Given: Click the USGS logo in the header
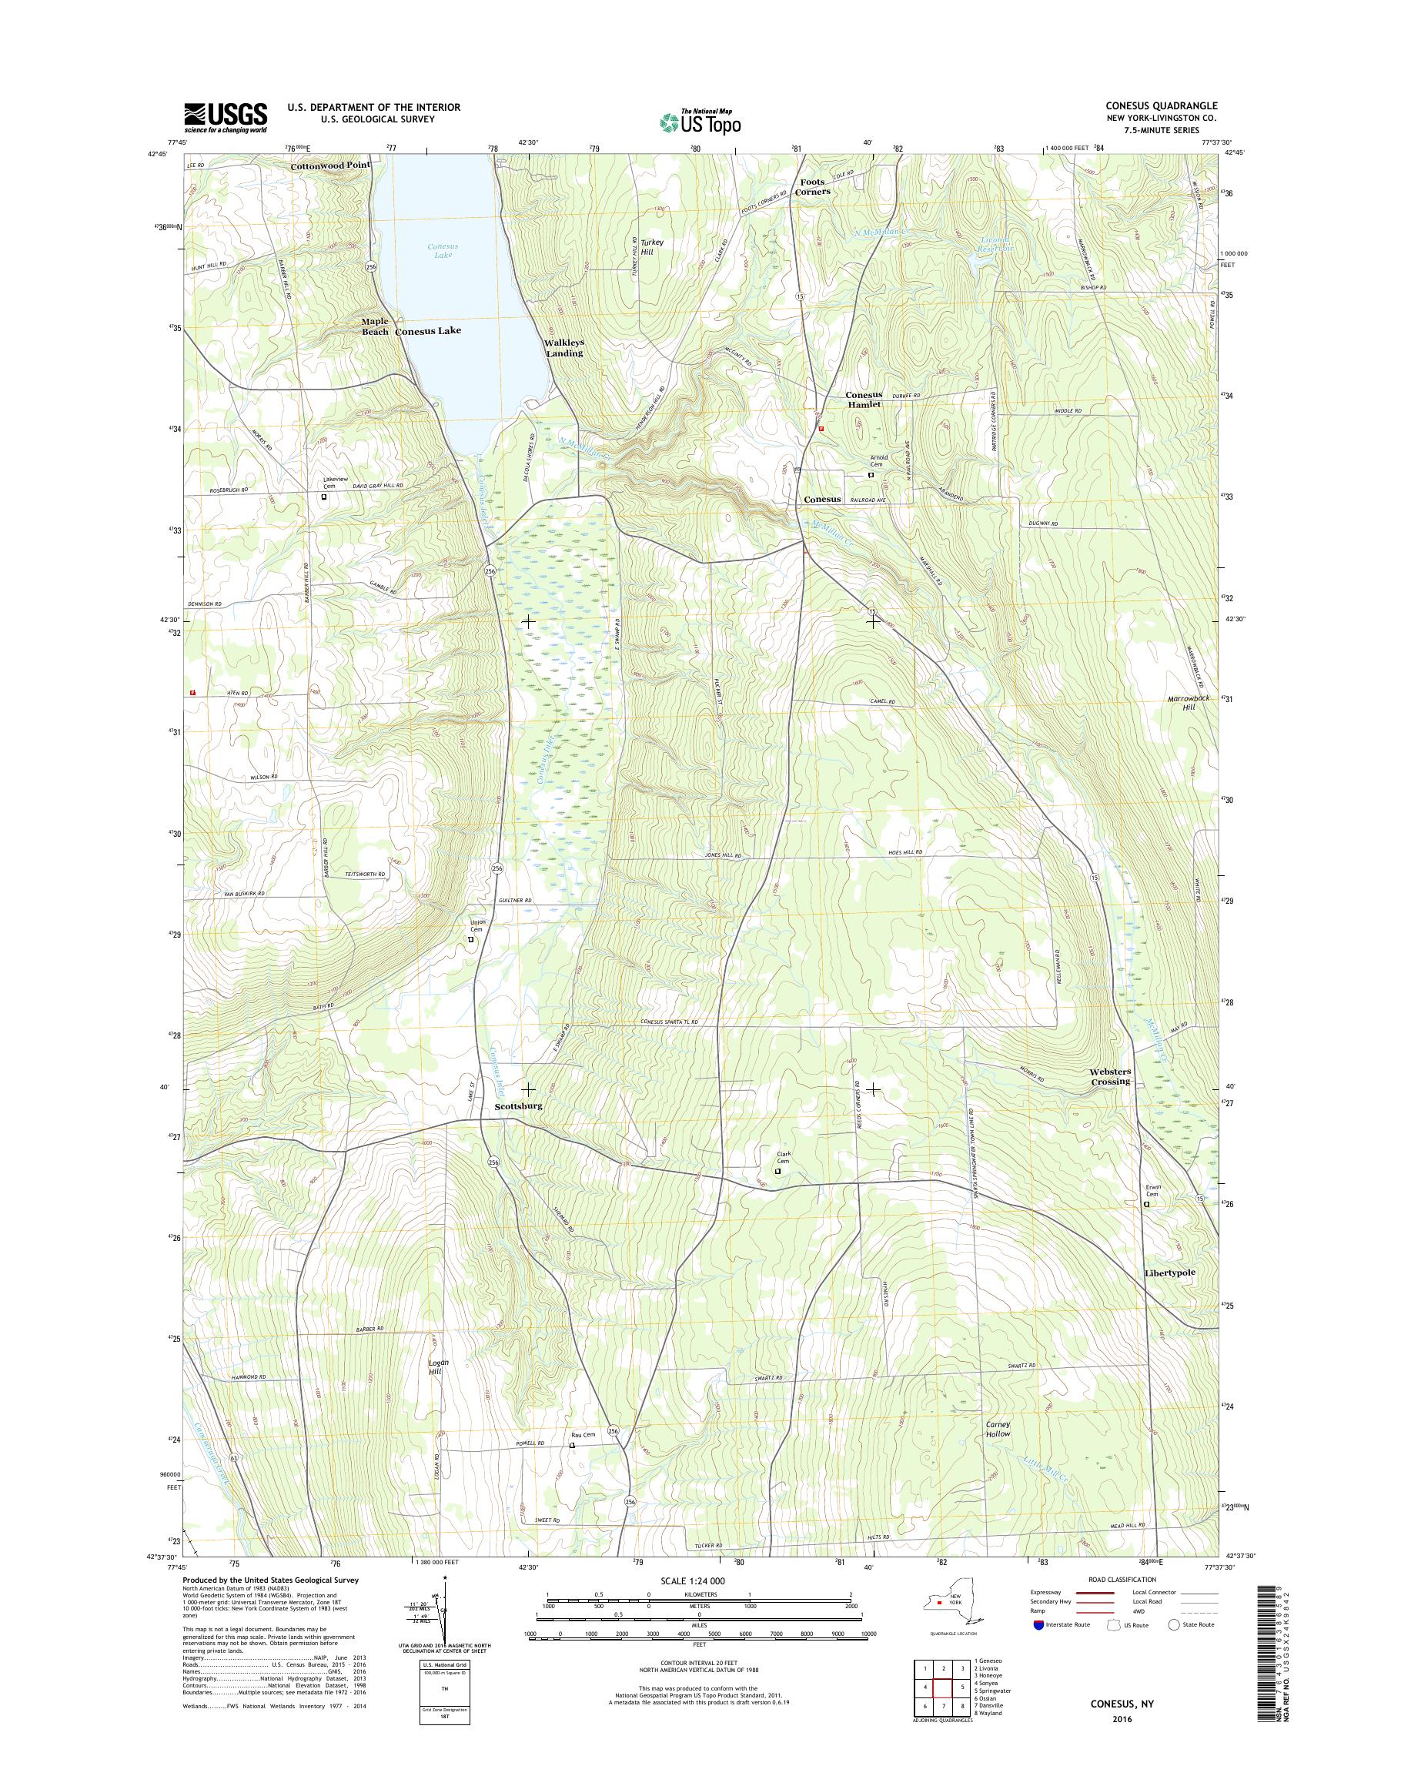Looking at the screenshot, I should point(226,117).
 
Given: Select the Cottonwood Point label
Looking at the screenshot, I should point(329,165).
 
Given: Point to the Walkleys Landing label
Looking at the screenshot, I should point(564,348).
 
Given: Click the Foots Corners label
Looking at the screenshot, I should point(813,186).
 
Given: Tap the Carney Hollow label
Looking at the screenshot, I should point(998,1428).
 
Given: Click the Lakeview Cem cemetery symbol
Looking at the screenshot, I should point(324,497).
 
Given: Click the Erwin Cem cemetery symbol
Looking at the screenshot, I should point(1147,1204).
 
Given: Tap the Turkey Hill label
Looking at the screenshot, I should point(652,248).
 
